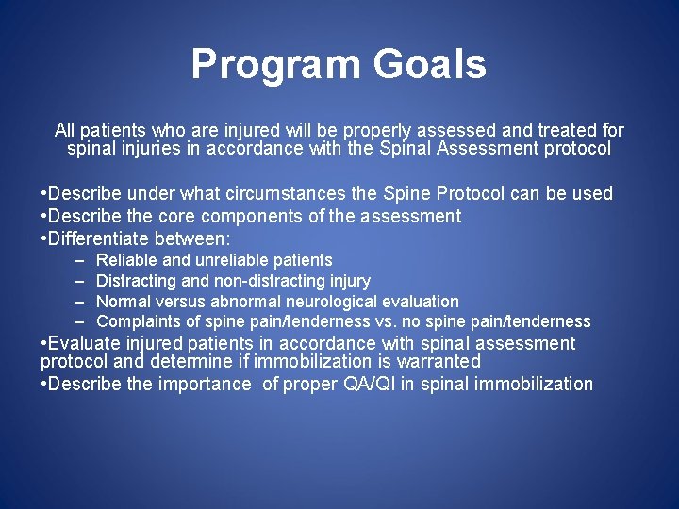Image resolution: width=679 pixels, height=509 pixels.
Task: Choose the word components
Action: (254, 216)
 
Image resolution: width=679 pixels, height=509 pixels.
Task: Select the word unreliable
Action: (232, 259)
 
